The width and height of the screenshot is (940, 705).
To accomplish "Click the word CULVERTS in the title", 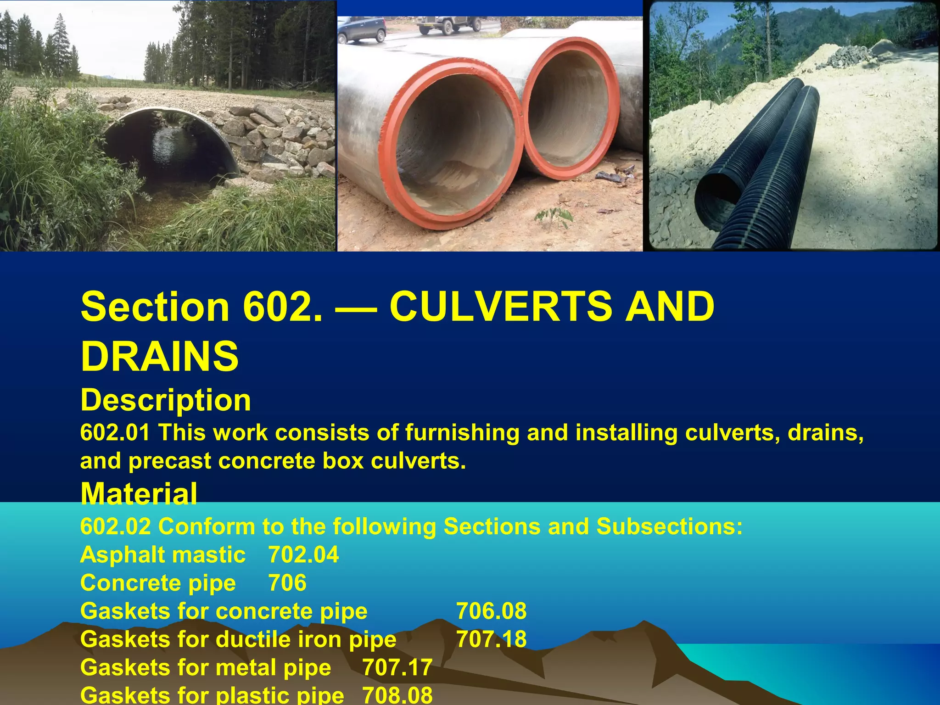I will point(500,307).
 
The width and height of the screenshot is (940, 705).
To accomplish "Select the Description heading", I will point(166,400).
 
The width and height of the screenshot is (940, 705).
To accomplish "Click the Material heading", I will point(139,494).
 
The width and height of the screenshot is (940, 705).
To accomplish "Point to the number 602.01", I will point(115,433).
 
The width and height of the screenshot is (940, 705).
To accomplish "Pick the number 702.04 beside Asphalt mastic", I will point(303,554).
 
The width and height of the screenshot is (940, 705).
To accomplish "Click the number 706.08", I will point(491,611).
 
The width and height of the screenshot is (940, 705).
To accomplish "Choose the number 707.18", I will point(491,639).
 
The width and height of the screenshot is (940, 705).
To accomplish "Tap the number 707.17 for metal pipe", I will point(397,667).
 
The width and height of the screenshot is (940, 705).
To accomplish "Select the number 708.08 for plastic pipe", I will point(397,695).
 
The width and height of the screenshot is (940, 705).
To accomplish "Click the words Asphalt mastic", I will point(163,554).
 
